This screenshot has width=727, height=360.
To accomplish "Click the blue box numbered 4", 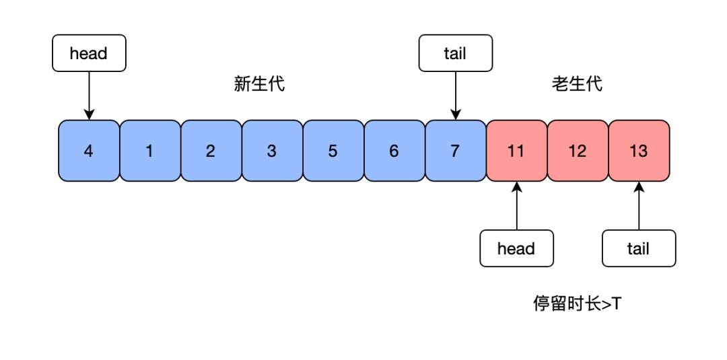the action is point(89,151).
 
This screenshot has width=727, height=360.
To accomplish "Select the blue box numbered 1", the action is point(150,151).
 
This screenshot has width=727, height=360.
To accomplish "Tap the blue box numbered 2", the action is point(211,151).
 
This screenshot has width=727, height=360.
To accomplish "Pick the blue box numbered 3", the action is point(273,151).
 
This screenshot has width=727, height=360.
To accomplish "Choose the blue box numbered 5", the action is point(334,151).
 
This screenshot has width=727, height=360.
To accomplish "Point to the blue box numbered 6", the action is point(394,151).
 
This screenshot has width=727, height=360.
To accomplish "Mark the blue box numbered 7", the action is point(456,151).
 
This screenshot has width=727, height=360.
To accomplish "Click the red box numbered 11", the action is point(517,151).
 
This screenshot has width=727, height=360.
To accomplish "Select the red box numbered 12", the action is point(578,151).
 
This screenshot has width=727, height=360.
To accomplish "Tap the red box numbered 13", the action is point(639,151).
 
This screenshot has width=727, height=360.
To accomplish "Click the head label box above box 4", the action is point(89,52).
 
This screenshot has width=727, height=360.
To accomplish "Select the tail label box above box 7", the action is point(456,52).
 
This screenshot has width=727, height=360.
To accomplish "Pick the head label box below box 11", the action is point(517,248).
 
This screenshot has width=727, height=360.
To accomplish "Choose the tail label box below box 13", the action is point(639,248).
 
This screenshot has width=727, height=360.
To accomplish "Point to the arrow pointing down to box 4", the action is point(89,96).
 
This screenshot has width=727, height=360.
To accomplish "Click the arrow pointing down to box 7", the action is point(456,96).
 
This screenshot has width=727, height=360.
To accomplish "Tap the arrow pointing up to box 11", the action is point(517,206).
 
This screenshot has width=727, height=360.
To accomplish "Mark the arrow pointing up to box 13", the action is point(639,206).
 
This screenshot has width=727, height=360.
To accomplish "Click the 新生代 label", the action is point(259,84).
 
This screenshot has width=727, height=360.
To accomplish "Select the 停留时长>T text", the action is point(577,304).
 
